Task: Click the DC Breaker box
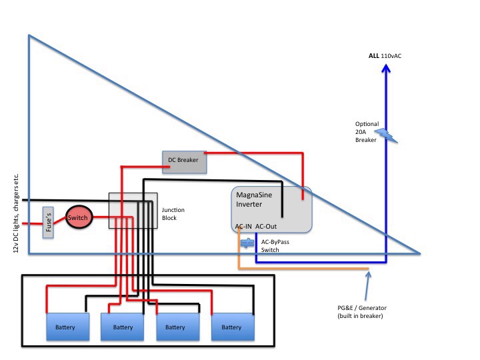click(x=184, y=162)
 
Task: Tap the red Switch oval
click(x=79, y=217)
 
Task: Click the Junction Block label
click(x=173, y=214)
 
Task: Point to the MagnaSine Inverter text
click(x=254, y=199)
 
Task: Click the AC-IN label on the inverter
click(x=243, y=226)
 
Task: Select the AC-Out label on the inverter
click(x=266, y=226)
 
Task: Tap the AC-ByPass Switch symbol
click(x=247, y=243)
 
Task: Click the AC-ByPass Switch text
click(x=275, y=246)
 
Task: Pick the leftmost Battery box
click(x=67, y=327)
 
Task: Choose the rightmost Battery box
click(x=233, y=327)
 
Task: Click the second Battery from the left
click(x=123, y=327)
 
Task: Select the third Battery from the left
click(x=178, y=327)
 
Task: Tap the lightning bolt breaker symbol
click(x=386, y=135)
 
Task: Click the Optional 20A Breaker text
click(x=367, y=132)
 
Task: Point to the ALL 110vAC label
click(x=385, y=56)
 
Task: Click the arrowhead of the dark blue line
click(x=386, y=68)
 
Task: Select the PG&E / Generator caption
click(x=362, y=311)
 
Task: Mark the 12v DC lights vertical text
click(x=16, y=213)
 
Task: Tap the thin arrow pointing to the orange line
click(x=367, y=286)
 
